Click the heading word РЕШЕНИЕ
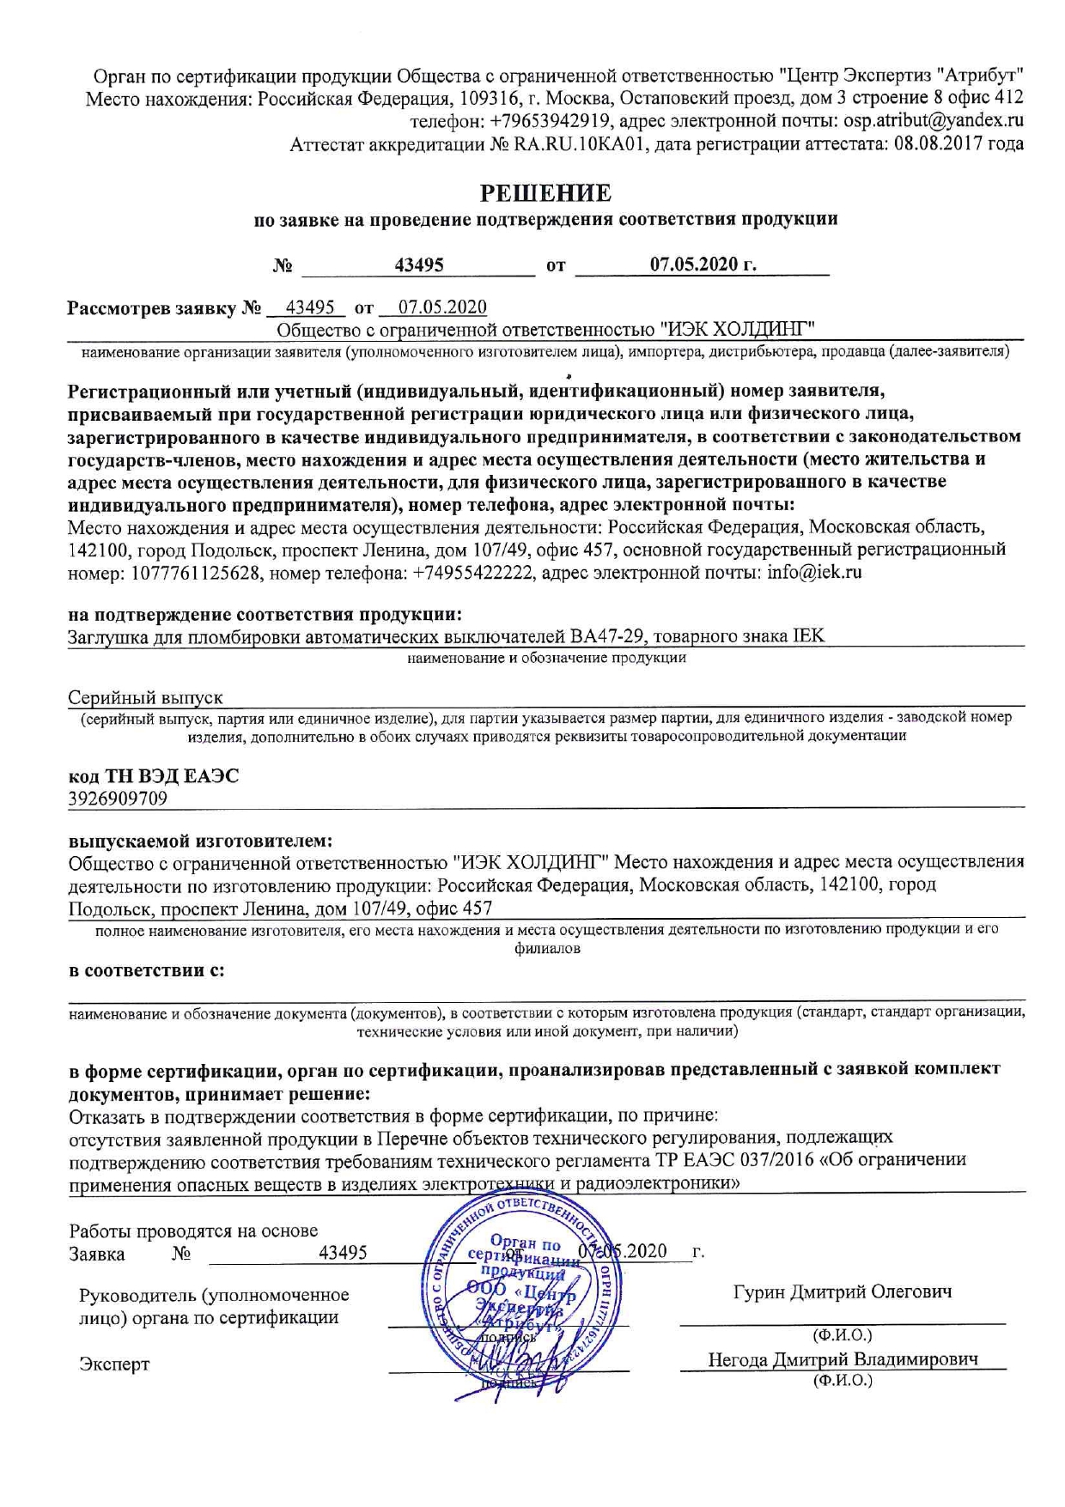tap(545, 191)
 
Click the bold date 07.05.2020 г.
tap(703, 264)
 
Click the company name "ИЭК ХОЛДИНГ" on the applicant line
tap(737, 329)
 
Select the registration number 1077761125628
tap(196, 572)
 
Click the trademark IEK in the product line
tap(808, 636)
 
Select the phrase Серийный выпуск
tap(145, 699)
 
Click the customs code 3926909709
tap(118, 799)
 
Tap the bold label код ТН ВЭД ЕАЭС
tap(154, 776)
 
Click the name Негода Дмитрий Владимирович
tap(842, 1359)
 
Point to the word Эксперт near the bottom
tap(114, 1364)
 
